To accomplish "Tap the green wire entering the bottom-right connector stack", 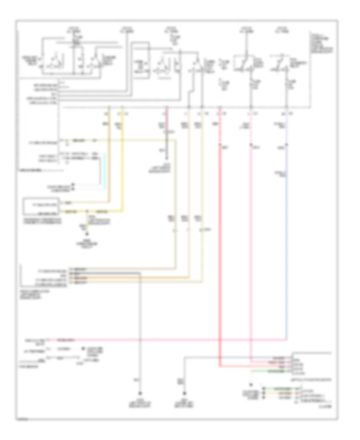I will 276,388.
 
